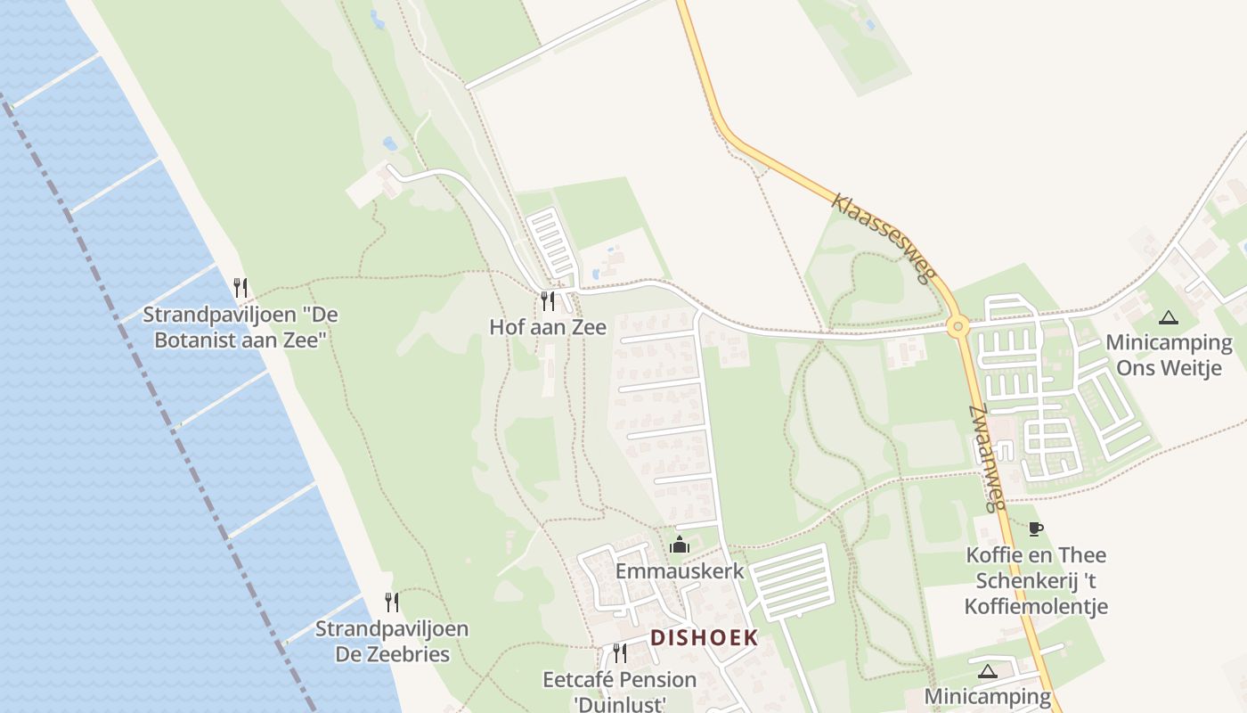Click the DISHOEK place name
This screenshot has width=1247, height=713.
pos(704,638)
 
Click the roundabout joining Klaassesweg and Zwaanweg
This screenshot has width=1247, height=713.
pos(958,326)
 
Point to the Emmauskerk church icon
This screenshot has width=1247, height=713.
pos(680,545)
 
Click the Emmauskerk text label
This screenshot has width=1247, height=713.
pos(680,570)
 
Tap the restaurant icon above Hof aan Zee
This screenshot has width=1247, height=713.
pos(548,301)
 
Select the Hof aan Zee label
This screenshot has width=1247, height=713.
pos(548,327)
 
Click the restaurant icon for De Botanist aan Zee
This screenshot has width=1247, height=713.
pos(240,288)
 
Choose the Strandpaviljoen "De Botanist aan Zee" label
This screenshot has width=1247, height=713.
pos(240,327)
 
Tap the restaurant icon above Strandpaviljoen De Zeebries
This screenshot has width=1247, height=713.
pos(391,602)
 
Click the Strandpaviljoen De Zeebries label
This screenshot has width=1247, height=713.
pos(392,641)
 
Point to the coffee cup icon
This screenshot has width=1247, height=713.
pos(1035,529)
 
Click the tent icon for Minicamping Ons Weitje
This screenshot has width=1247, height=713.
pos(1168,317)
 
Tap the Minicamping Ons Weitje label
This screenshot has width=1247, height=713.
pos(1169,355)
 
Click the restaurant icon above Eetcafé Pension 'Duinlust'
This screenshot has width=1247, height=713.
pos(620,653)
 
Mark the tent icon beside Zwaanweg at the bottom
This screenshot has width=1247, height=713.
pos(987,671)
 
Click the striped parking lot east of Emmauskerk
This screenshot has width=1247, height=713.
pos(792,582)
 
